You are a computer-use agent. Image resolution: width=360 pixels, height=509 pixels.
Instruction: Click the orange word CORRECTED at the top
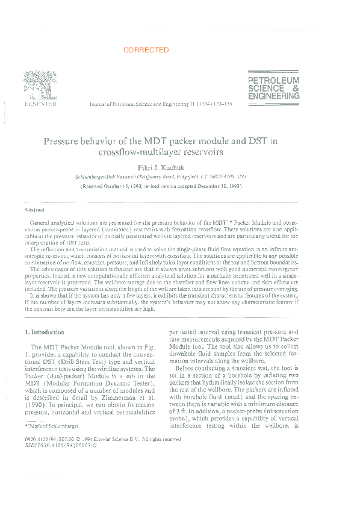pos(146,51)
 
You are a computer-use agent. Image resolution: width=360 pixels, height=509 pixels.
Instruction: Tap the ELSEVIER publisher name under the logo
pos(40,104)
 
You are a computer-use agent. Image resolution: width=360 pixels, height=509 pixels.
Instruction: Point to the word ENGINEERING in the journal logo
pos(273,96)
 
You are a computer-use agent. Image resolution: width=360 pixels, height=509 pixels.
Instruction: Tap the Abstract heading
pos(34,210)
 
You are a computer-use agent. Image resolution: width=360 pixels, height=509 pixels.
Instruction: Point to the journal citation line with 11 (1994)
pos(160,104)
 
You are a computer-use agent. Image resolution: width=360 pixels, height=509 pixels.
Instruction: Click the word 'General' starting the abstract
pos(40,223)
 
